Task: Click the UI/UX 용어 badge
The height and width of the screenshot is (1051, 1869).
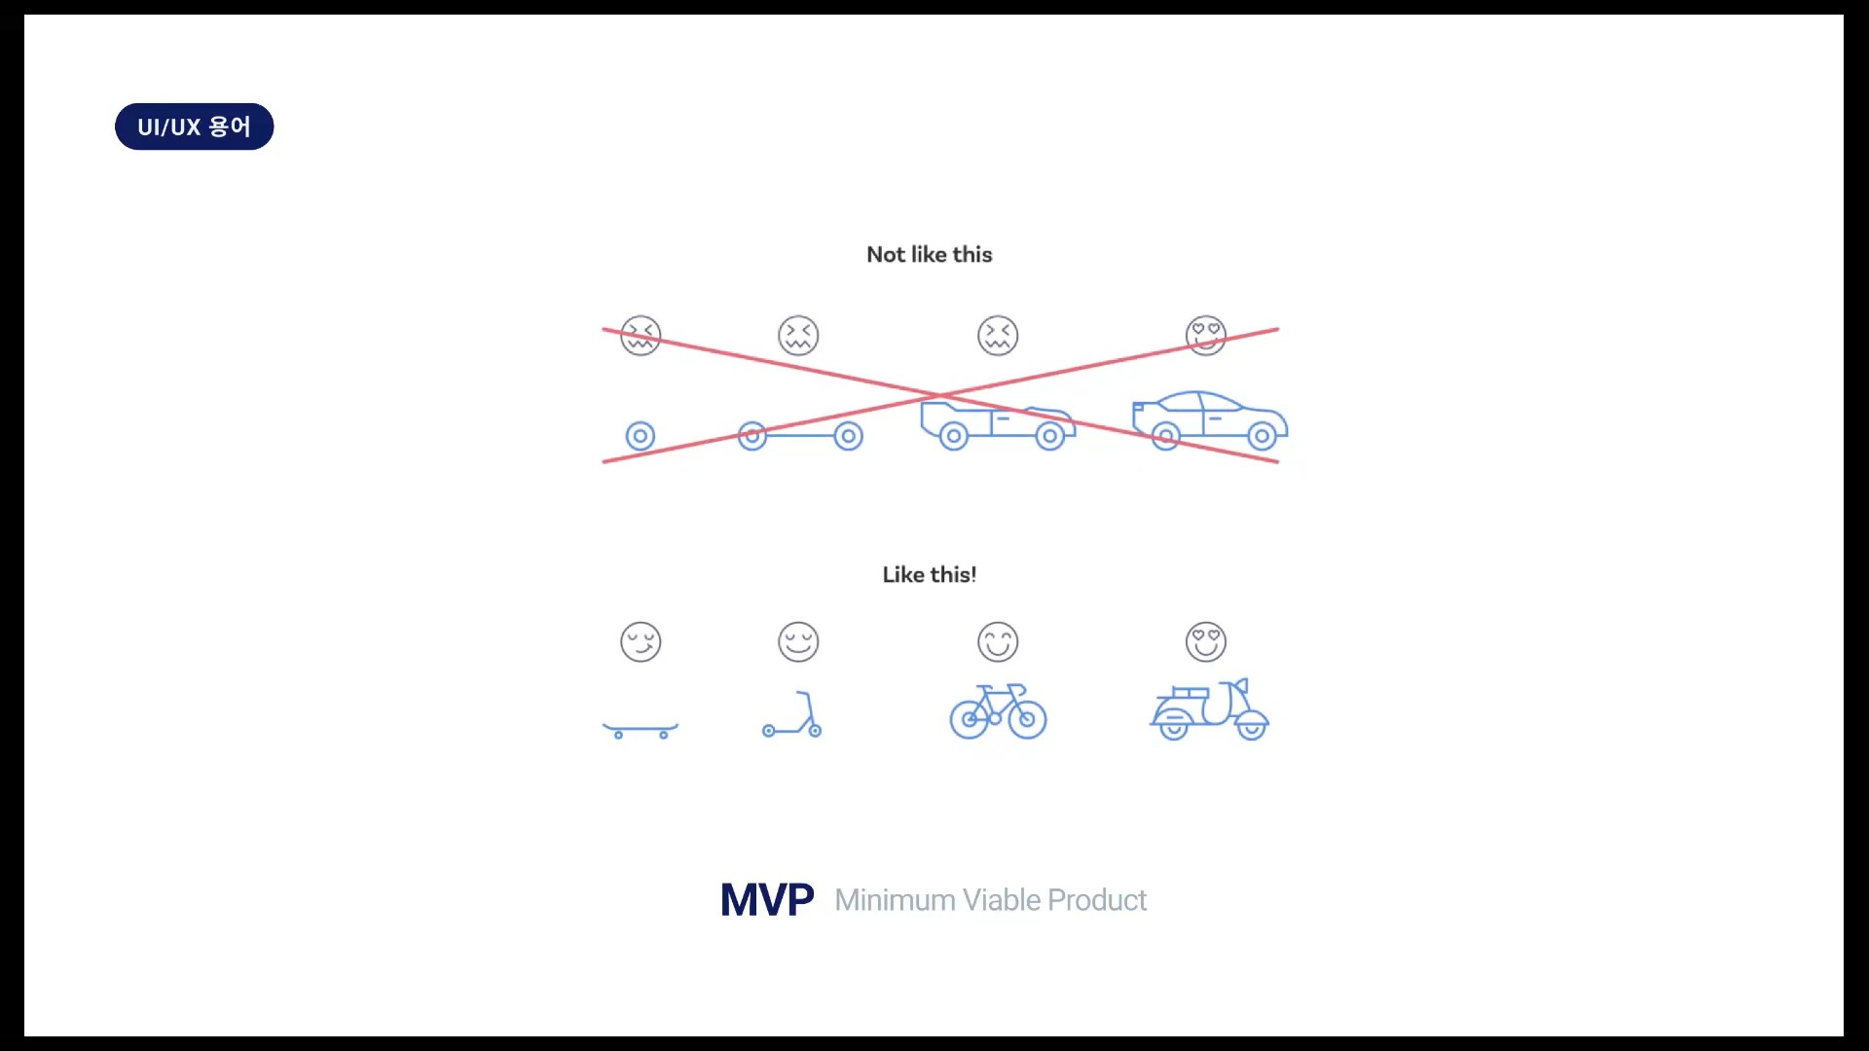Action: point(194,127)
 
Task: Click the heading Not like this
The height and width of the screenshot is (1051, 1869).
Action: point(930,255)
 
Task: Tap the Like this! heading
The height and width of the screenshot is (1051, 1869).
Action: point(930,575)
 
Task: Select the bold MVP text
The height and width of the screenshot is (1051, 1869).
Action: point(767,900)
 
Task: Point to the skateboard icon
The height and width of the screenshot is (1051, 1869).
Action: point(641,730)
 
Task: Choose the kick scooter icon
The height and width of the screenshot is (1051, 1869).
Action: point(792,714)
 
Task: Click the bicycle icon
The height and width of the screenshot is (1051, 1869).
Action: point(998,711)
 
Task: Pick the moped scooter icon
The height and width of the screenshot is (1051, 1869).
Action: point(1210,709)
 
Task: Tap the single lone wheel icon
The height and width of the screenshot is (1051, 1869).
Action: point(641,436)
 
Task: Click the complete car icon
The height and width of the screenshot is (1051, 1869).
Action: point(1210,420)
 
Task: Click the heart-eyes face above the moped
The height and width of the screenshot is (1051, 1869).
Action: point(1206,642)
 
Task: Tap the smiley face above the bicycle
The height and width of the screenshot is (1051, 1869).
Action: point(998,642)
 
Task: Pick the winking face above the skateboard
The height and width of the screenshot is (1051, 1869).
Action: point(641,642)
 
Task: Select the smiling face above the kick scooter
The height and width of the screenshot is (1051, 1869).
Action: point(798,642)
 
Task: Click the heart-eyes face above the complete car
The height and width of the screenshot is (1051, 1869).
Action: point(1206,336)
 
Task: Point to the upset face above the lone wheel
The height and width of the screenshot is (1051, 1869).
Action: point(641,336)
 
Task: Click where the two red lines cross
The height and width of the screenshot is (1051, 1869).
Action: point(940,396)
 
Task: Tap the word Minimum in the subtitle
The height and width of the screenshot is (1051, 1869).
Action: point(895,900)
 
